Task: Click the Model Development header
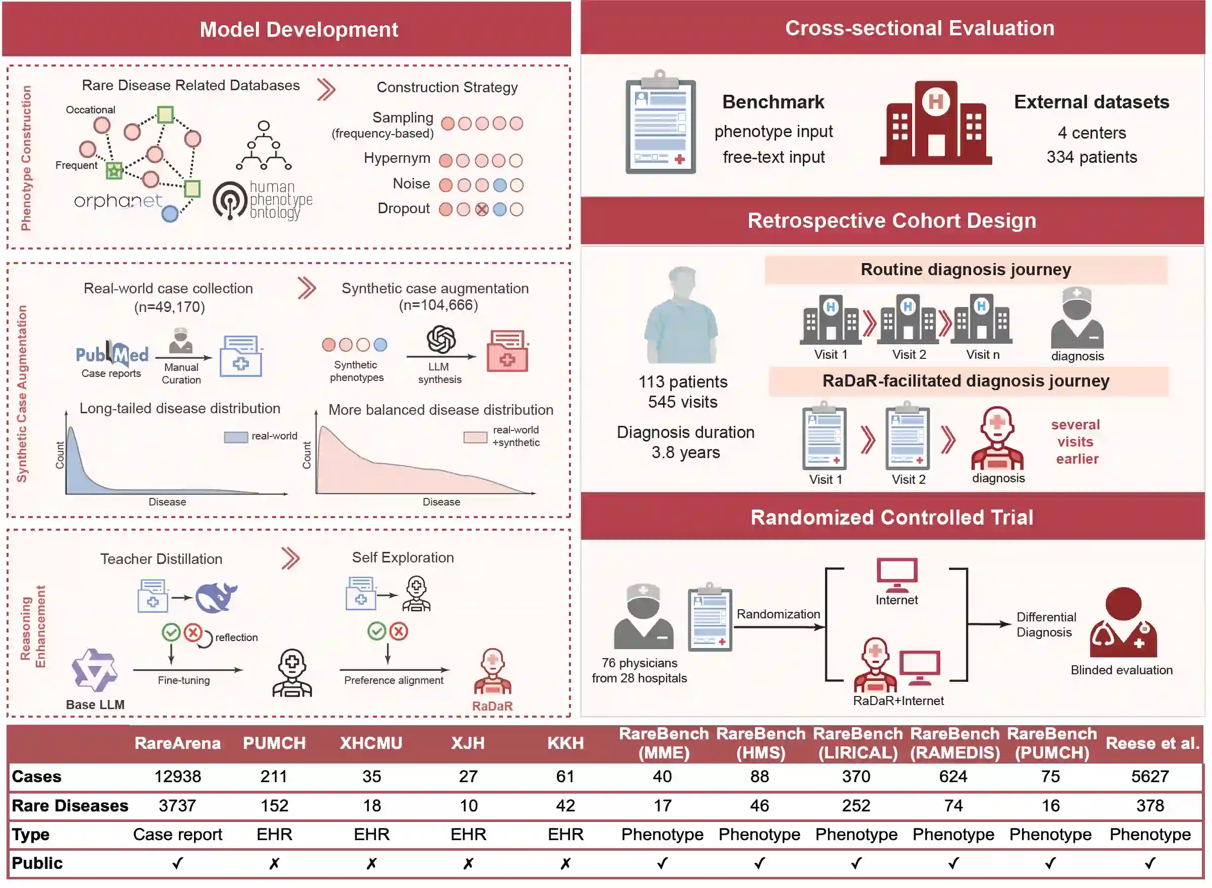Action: [299, 30]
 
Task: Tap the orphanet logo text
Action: [118, 201]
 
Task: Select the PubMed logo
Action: [112, 354]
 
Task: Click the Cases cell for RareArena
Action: [177, 777]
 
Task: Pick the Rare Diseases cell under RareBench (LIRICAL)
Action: [856, 806]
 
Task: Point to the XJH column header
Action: [468, 743]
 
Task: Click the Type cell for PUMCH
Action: [274, 834]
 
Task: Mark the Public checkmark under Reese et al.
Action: [1150, 863]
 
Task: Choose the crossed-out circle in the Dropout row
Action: [482, 210]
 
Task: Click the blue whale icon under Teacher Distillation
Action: [216, 597]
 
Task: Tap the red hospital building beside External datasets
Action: [936, 122]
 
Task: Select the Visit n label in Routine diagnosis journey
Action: [983, 355]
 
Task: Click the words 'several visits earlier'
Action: [1075, 442]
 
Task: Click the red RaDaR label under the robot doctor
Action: [492, 706]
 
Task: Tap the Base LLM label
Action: [95, 705]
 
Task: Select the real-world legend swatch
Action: [235, 437]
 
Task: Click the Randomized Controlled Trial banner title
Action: [891, 518]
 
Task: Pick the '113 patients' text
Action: [682, 382]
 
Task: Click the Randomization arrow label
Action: [778, 614]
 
